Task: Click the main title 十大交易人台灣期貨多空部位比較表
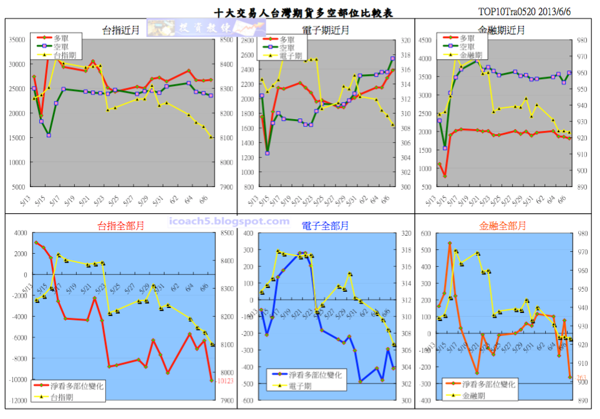pyautogui.click(x=303, y=12)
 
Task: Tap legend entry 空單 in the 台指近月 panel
pyautogui.click(x=62, y=47)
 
